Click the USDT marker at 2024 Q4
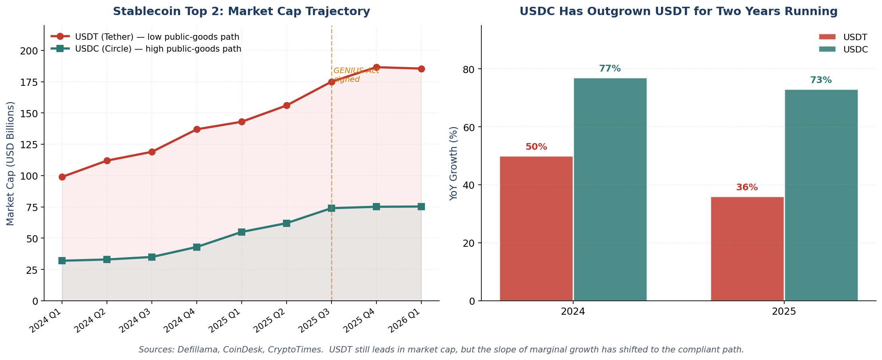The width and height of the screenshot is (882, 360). [x=197, y=129]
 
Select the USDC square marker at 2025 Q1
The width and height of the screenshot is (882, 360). [x=242, y=232]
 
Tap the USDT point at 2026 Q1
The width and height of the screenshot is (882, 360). [x=421, y=69]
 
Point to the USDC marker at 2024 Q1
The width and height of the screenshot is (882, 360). [x=62, y=261]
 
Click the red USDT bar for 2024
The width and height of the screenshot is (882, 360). [x=536, y=228]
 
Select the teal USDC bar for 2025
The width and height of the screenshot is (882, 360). [x=821, y=195]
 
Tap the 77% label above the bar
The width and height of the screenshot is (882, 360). [x=610, y=69]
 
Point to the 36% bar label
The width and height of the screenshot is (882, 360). [x=747, y=188]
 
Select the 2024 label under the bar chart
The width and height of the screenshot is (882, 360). [x=573, y=312]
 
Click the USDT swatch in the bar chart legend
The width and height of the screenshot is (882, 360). [x=827, y=37]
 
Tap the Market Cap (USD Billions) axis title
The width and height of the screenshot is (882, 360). [x=11, y=163]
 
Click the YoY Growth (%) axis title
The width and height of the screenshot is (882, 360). [x=454, y=163]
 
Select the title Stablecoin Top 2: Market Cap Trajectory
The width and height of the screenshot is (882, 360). [x=241, y=12]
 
